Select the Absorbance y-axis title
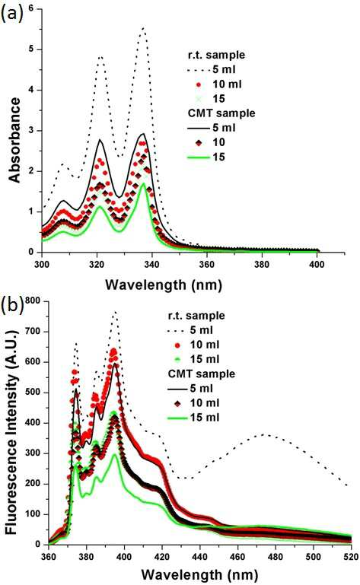[x=15, y=140]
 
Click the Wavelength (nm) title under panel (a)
[x=164, y=285]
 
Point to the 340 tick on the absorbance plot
[x=152, y=265]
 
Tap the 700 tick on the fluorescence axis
[x=32, y=332]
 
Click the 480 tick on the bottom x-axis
[x=276, y=557]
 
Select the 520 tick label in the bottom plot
[x=351, y=557]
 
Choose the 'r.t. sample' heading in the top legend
[x=216, y=55]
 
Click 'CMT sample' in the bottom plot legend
[x=202, y=374]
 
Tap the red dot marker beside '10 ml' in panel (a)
[x=199, y=84]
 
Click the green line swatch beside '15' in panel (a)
[x=199, y=157]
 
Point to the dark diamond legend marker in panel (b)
[x=178, y=403]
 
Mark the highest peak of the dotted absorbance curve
[x=142, y=28]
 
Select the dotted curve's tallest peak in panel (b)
[x=115, y=312]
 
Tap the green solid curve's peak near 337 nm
[x=143, y=183]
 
